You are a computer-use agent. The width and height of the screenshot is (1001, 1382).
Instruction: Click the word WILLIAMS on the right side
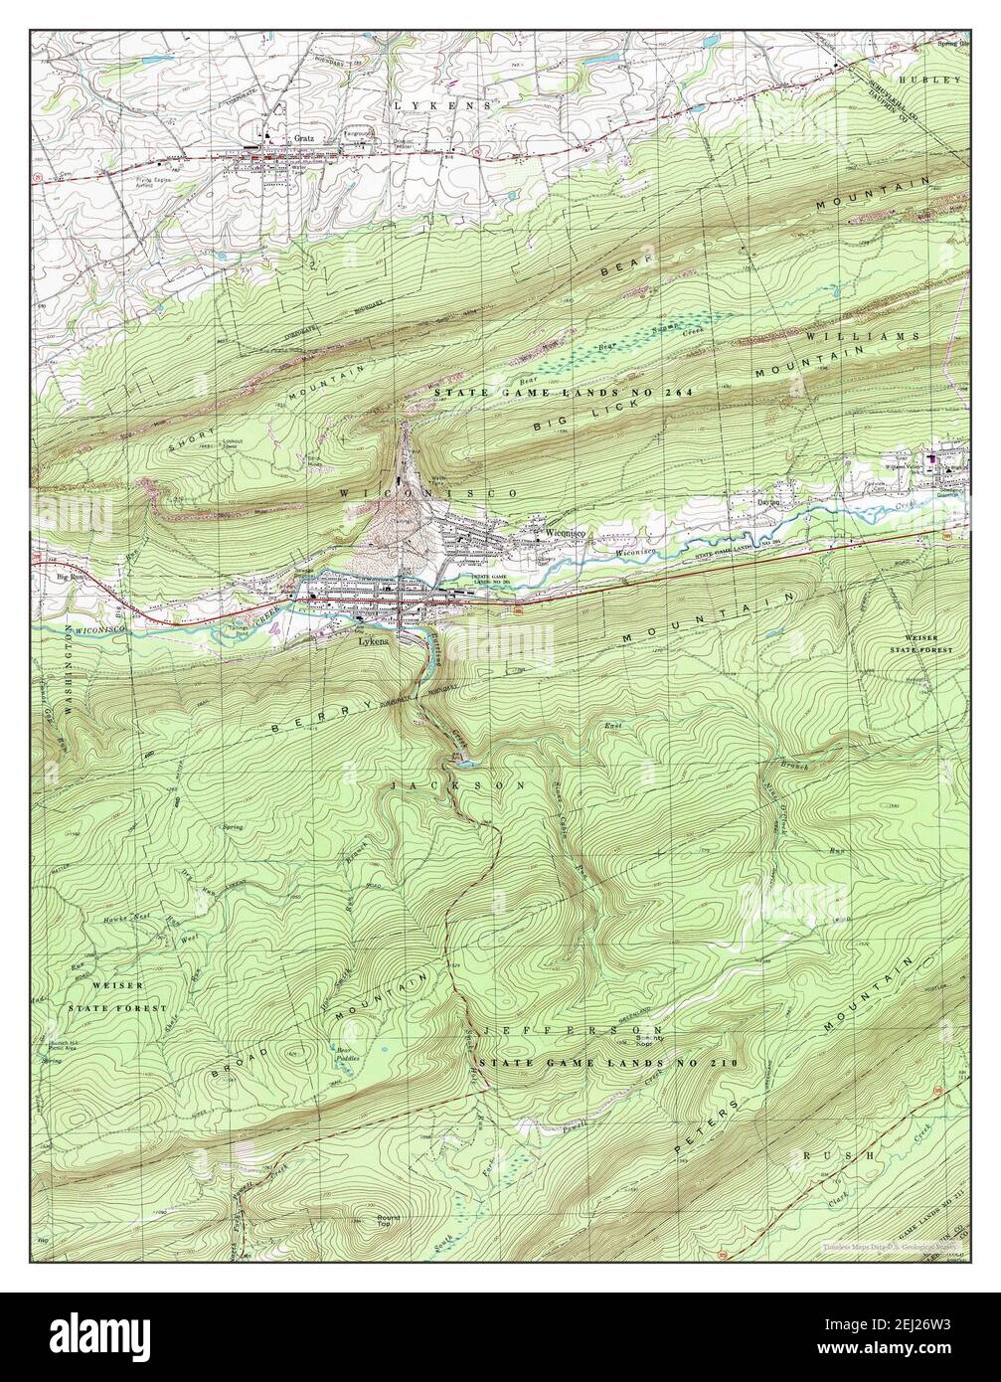pyautogui.click(x=891, y=337)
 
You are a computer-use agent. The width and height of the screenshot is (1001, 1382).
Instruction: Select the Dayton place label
pyautogui.click(x=769, y=504)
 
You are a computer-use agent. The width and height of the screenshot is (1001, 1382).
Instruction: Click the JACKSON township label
pyautogui.click(x=456, y=784)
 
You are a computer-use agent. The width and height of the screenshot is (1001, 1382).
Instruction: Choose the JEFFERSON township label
pyautogui.click(x=571, y=1030)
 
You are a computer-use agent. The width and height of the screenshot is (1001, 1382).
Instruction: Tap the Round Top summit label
pyautogui.click(x=387, y=1221)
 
